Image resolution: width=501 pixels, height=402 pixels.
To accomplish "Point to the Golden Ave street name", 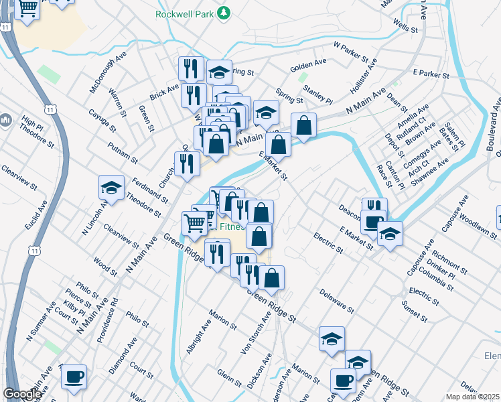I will [308, 65].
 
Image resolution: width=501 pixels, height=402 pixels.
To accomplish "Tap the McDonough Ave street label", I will [108, 73].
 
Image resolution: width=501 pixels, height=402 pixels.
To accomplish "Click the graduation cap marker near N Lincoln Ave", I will [112, 188].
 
